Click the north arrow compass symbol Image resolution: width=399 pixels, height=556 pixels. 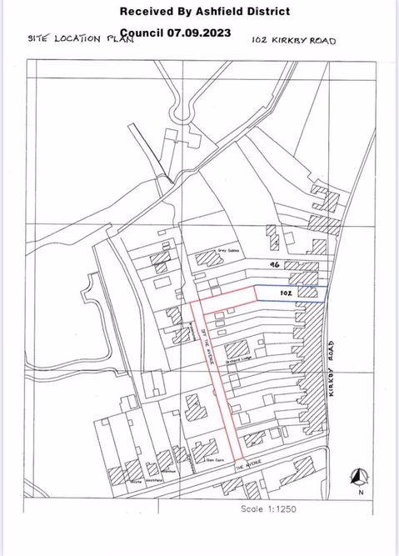click(359, 476)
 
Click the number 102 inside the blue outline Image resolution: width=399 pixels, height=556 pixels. click(284, 293)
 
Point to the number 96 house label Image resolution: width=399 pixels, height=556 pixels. click(272, 263)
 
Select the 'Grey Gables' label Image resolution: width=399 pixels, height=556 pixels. click(228, 248)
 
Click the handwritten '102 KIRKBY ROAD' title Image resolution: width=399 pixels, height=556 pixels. click(293, 39)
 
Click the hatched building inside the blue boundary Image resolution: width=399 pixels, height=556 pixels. click(308, 293)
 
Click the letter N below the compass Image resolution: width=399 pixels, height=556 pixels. click(360, 492)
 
